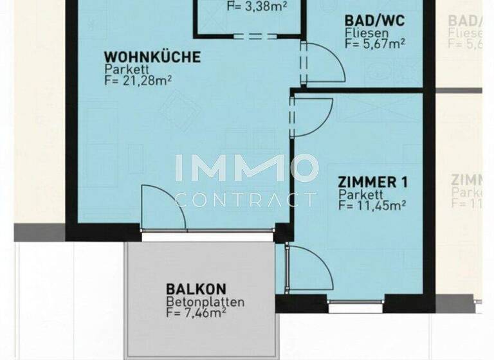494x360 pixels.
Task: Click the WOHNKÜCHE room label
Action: (x=152, y=57)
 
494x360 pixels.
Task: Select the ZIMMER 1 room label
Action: (x=373, y=183)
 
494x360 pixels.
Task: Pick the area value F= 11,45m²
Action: (x=371, y=206)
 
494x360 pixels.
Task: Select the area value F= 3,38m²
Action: (x=257, y=7)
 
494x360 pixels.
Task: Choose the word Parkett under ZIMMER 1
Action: (x=361, y=195)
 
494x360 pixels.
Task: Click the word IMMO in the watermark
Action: (x=247, y=168)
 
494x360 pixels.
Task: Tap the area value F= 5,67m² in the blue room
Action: (x=375, y=44)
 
